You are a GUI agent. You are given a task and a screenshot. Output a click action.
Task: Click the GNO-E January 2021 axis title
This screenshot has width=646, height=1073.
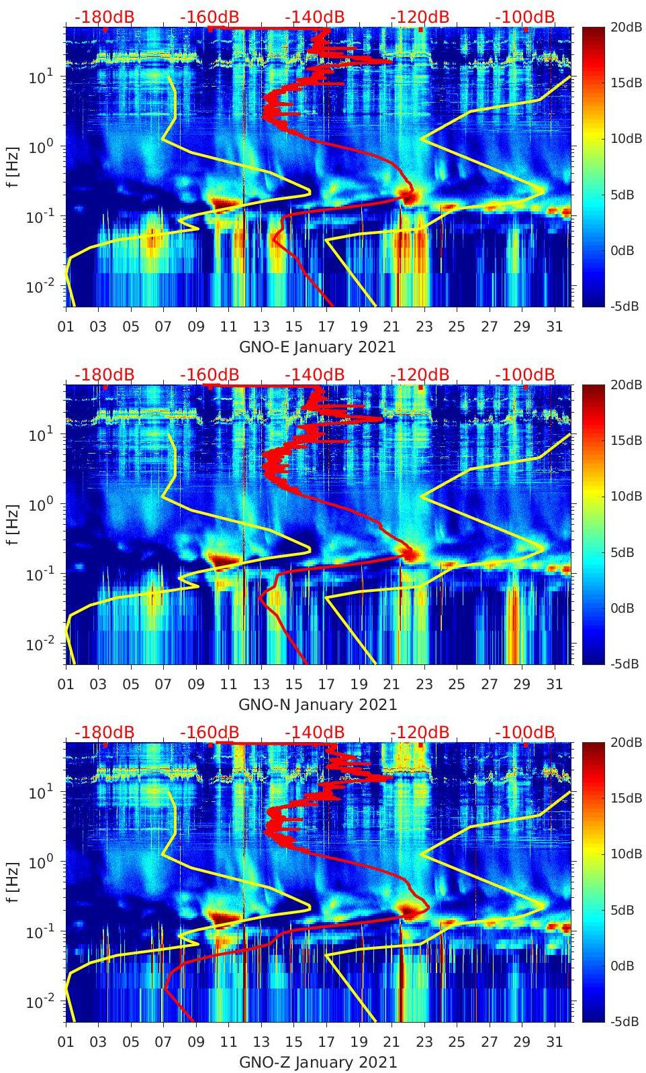click(317, 347)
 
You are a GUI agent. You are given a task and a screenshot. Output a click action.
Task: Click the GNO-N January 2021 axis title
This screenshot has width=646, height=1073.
click(318, 705)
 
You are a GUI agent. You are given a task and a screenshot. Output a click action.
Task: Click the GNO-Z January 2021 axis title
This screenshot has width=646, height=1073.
click(318, 1062)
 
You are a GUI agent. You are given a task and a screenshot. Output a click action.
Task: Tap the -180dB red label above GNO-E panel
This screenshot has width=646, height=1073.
click(104, 17)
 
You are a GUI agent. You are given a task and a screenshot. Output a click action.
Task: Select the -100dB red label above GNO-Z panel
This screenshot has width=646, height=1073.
click(524, 732)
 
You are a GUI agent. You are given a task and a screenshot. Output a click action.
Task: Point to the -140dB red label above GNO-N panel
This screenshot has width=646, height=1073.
click(314, 374)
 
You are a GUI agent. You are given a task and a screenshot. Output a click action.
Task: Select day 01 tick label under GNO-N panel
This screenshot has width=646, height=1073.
click(66, 684)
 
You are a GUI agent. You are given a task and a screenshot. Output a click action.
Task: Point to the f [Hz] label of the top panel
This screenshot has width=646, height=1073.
click(12, 166)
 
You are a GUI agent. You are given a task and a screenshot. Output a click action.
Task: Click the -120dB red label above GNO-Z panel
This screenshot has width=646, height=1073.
click(419, 732)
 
